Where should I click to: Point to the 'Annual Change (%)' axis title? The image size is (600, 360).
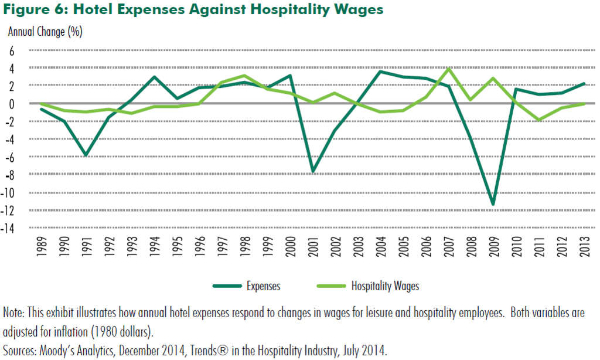point(45,32)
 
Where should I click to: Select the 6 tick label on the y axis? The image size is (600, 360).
point(12,51)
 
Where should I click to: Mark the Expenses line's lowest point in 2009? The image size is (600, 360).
point(493,205)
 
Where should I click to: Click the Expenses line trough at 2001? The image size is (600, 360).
point(313,172)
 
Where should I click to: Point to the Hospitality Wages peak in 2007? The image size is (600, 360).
point(448,69)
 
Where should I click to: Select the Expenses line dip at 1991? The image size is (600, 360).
point(86,155)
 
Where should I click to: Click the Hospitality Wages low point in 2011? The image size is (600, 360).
point(539,120)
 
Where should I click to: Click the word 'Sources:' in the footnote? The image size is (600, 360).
point(20,351)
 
